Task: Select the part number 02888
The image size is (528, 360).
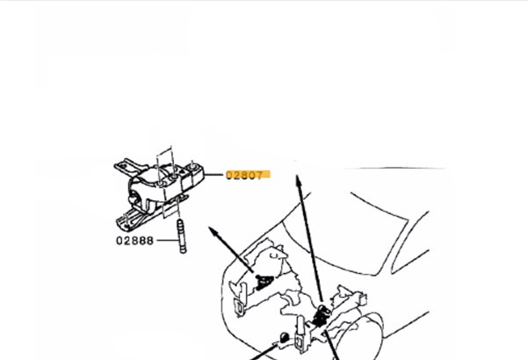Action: click(134, 241)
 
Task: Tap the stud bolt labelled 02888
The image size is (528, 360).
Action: click(182, 236)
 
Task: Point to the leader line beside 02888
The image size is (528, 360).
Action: click(167, 241)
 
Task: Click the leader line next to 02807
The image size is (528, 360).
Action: click(213, 175)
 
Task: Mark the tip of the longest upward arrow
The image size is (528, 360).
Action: click(297, 176)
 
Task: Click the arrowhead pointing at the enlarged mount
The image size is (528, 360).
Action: click(213, 231)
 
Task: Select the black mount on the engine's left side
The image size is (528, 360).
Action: click(264, 282)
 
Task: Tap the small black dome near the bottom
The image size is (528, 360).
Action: click(285, 336)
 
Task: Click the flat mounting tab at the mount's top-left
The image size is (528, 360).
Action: click(128, 166)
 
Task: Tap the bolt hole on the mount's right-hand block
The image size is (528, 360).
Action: click(193, 166)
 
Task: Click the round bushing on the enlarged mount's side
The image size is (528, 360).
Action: click(134, 198)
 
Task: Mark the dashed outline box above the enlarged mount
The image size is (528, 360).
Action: click(165, 158)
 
